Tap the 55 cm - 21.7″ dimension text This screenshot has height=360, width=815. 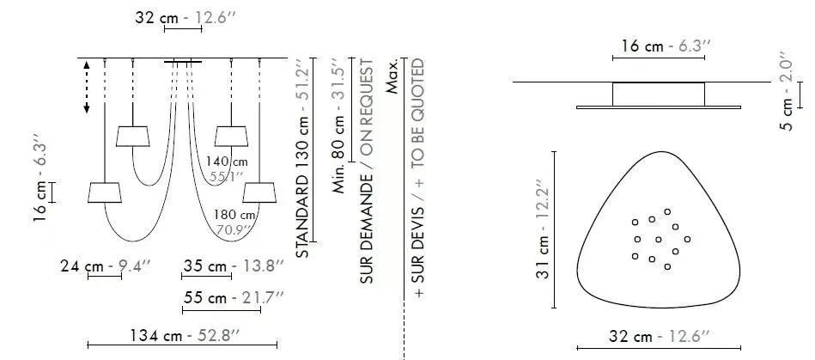coord(234,298)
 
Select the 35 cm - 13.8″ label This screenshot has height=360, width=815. coord(234,266)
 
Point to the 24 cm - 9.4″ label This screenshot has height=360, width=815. coord(106,266)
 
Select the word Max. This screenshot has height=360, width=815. coord(392,76)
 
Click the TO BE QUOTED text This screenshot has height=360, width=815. coord(418,113)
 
